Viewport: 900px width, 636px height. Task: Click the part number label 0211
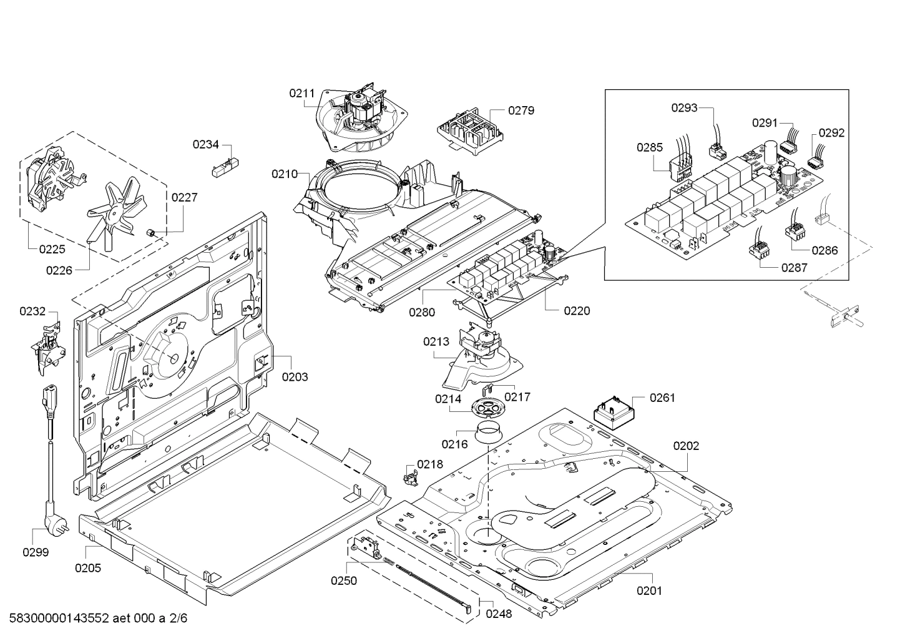pyautogui.click(x=302, y=94)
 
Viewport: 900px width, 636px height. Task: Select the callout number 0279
pyautogui.click(x=521, y=110)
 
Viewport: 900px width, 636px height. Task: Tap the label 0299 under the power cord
pyautogui.click(x=36, y=552)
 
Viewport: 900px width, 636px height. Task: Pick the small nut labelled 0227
pyautogui.click(x=152, y=233)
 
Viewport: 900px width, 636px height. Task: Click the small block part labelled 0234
pyautogui.click(x=225, y=167)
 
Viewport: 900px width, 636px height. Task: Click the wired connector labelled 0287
pyautogui.click(x=758, y=245)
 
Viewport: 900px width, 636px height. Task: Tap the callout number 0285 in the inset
pyautogui.click(x=650, y=147)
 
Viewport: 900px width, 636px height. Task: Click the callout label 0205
pyautogui.click(x=88, y=568)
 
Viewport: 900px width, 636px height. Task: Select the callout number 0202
pyautogui.click(x=687, y=446)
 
